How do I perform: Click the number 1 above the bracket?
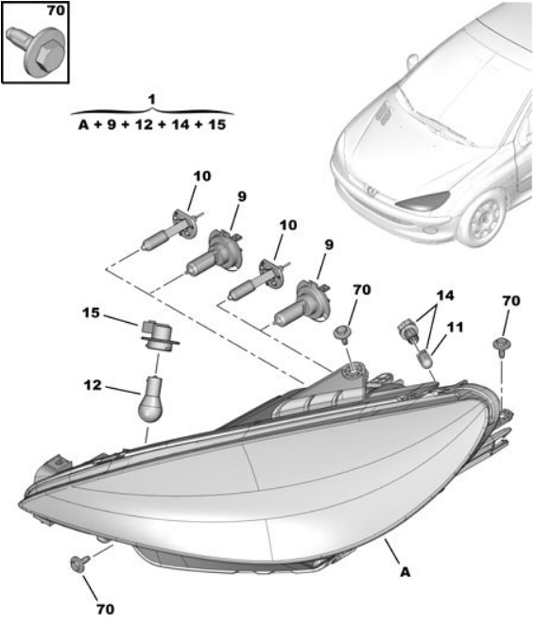[x=151, y=99]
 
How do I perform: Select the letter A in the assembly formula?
[x=83, y=125]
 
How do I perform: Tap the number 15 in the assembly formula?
[x=216, y=125]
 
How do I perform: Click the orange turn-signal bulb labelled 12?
[x=149, y=399]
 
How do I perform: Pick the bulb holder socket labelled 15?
[x=158, y=335]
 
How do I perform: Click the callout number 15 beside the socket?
[x=91, y=312]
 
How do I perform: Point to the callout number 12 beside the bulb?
[x=93, y=385]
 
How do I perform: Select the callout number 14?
[x=445, y=295]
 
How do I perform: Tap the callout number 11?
[x=455, y=328]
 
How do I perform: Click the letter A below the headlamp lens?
[x=405, y=572]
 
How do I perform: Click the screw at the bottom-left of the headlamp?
[x=79, y=564]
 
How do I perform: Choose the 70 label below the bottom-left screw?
[x=105, y=609]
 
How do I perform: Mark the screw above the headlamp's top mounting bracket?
[x=343, y=334]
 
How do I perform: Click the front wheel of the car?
[x=484, y=218]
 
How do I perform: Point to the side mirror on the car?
[x=412, y=61]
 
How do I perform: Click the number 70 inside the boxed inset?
[x=56, y=10]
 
